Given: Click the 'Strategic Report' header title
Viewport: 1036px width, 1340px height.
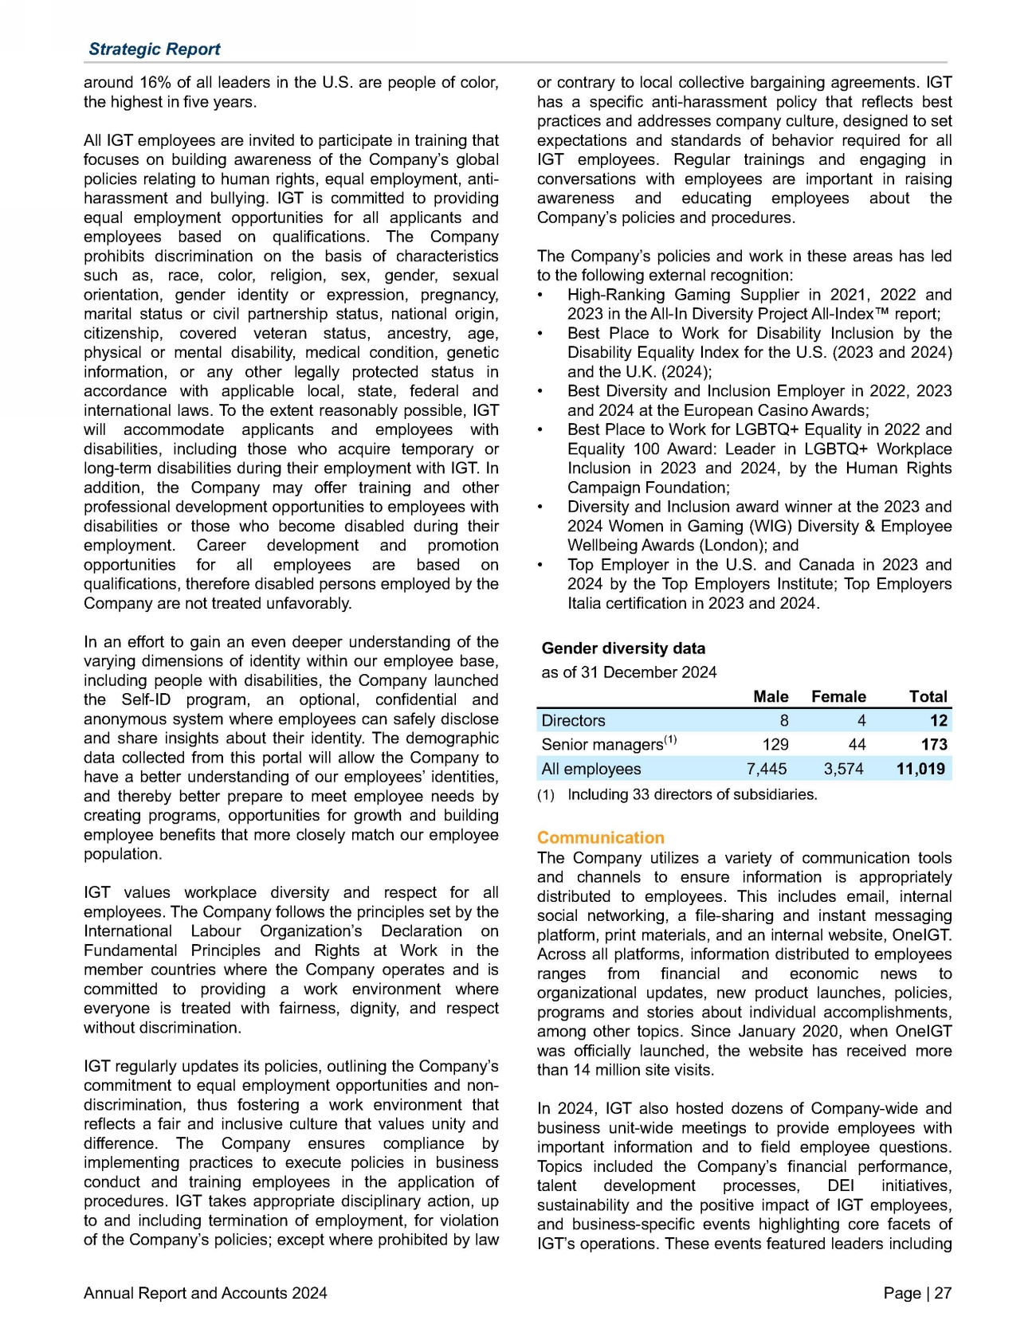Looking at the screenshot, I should (154, 49).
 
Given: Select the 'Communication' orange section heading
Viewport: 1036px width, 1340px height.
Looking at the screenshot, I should (600, 837).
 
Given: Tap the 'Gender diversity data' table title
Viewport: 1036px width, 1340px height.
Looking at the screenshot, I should (623, 648).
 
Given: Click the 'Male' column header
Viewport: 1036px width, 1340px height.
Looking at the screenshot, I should (771, 696).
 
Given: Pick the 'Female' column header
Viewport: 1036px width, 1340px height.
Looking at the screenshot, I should (838, 696).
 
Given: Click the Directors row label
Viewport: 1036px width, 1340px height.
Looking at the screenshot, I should (573, 720).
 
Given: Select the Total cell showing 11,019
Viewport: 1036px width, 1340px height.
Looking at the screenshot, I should (920, 769).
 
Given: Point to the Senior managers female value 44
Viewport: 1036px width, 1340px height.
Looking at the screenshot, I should (857, 744).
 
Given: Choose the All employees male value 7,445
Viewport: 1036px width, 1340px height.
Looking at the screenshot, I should (766, 769).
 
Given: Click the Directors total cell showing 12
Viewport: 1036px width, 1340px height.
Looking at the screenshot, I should (939, 720).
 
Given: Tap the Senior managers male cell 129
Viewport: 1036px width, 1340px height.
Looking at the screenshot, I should (775, 744).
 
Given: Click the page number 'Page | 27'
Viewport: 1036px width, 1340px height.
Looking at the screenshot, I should (917, 1293).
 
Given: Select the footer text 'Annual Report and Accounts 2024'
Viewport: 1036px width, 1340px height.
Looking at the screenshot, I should (205, 1293).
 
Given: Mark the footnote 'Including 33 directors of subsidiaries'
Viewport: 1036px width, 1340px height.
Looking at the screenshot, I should (692, 794).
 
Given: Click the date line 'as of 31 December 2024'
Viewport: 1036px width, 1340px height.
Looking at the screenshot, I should (629, 672).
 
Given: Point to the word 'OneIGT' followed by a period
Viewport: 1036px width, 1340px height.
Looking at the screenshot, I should (924, 934).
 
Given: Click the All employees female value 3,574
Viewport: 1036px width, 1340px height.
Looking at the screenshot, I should (843, 769).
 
